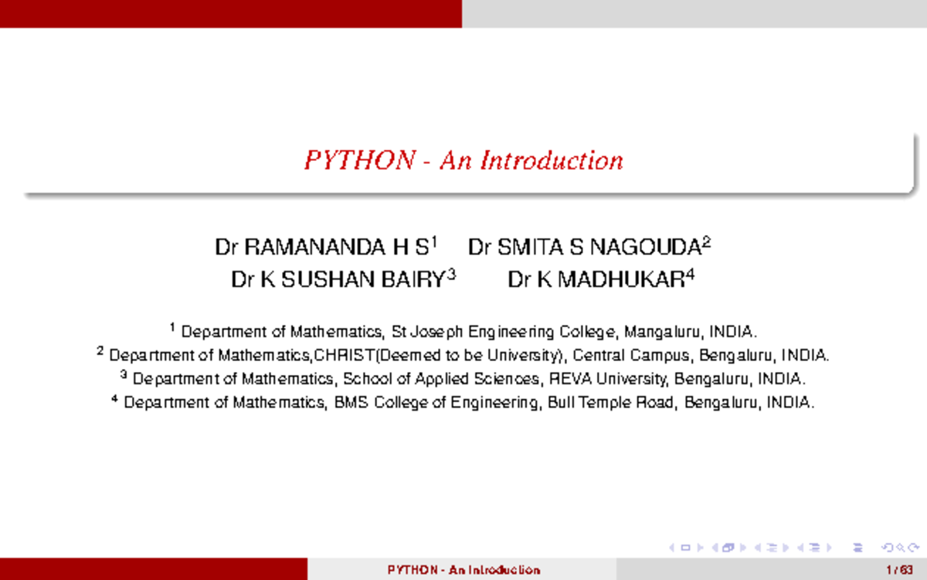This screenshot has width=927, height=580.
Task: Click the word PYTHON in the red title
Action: [360, 161]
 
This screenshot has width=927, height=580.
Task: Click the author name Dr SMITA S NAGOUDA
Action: [585, 248]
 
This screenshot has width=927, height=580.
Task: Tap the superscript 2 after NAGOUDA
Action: [706, 243]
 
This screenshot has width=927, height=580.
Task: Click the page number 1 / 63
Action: [895, 570]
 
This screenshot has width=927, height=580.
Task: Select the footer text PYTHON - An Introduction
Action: [463, 570]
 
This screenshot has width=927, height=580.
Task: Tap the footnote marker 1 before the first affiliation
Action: [173, 329]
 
